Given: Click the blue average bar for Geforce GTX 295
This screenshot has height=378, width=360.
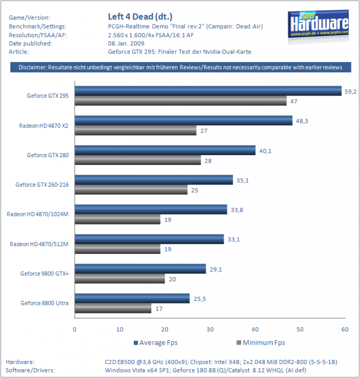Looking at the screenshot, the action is (208, 91).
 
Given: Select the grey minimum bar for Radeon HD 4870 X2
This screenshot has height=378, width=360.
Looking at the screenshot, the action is (136, 130).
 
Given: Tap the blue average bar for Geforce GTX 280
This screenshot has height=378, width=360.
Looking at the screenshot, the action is (165, 150).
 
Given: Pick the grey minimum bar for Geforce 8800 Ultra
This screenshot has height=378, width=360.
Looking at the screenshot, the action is (113, 308).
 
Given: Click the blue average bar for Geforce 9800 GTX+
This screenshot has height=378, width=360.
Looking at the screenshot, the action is (141, 269).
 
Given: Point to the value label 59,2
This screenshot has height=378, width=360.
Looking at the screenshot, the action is (350, 92).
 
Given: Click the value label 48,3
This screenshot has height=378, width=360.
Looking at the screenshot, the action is (302, 121).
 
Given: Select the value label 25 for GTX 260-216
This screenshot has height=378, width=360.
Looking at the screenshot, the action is (195, 190).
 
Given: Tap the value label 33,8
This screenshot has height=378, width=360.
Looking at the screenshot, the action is (237, 210).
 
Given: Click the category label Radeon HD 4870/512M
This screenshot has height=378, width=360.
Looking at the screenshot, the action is (39, 244).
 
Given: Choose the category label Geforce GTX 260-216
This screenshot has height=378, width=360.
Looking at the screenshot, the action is (42, 185).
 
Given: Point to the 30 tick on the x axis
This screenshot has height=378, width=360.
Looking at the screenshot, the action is (210, 329).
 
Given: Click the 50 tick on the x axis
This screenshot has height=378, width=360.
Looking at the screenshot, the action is (300, 329).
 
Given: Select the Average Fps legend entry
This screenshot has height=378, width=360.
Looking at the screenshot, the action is (156, 343).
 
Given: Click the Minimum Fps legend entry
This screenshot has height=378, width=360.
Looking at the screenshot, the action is (261, 343).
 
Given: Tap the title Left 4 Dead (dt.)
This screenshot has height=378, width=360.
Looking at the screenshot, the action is (140, 17).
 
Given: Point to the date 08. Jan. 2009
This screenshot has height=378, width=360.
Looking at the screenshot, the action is (126, 44).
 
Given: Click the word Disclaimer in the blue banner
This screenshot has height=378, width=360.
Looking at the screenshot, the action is (33, 67).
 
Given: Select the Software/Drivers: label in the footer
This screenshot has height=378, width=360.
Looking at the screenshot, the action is (30, 370).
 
